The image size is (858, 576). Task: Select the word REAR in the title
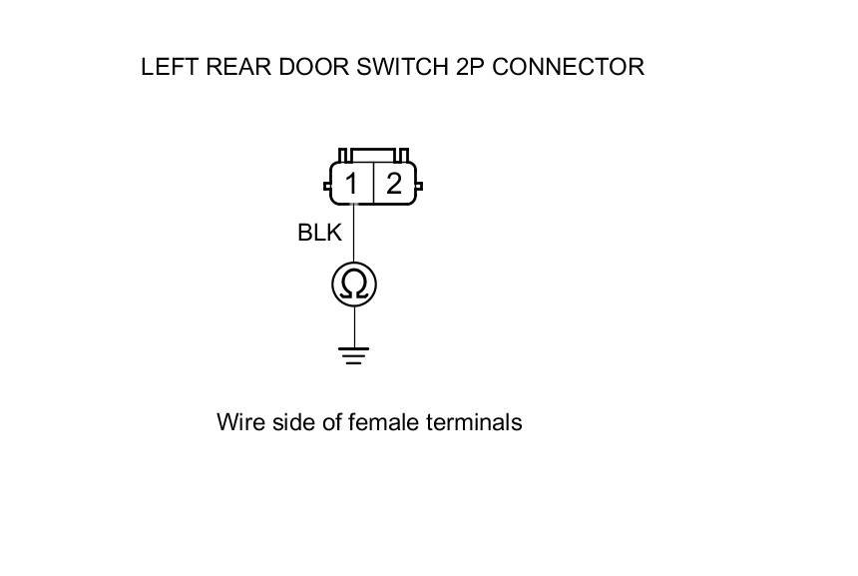coord(232,67)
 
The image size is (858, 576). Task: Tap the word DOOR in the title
coord(306,67)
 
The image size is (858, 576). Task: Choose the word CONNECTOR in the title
coord(569,67)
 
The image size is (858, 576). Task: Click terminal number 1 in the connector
coord(351,184)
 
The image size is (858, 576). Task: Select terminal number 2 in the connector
coord(394,184)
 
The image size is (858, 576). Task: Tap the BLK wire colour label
coord(319,233)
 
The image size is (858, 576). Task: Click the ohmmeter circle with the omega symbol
coord(354,285)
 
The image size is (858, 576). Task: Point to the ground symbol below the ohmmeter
coord(353,354)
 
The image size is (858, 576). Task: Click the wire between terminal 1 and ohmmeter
coord(354,235)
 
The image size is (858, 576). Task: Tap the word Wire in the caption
coord(238,422)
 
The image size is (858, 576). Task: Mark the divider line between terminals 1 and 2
coord(373,184)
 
